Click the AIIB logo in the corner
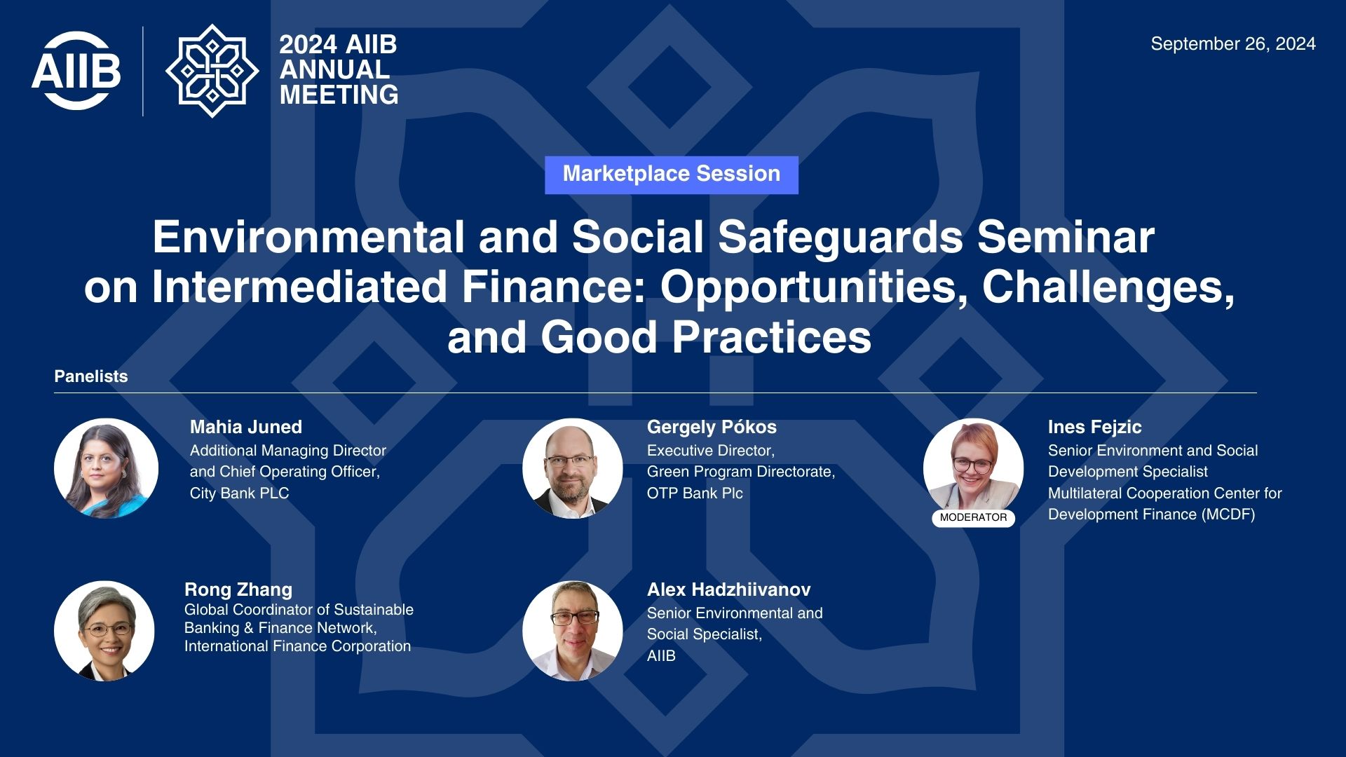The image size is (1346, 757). [76, 71]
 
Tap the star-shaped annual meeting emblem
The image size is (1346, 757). [212, 71]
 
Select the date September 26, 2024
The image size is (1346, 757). [1233, 44]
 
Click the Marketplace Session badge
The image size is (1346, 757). [672, 175]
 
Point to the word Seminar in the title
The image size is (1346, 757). [1066, 237]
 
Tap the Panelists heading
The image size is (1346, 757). [91, 376]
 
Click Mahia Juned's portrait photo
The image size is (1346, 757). [106, 468]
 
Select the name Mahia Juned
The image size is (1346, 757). [246, 427]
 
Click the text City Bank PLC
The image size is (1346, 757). [240, 493]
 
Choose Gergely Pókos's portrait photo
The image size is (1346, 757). [572, 468]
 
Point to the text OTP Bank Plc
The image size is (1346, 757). [695, 493]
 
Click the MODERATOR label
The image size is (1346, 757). [973, 517]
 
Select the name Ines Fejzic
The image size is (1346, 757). [1094, 427]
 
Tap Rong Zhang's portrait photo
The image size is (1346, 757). [104, 631]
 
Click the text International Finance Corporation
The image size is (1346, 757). [297, 646]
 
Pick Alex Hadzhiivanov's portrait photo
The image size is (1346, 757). [572, 631]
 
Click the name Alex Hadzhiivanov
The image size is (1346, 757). [728, 589]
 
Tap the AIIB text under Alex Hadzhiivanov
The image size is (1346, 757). [661, 656]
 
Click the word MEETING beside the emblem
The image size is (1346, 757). [339, 95]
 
